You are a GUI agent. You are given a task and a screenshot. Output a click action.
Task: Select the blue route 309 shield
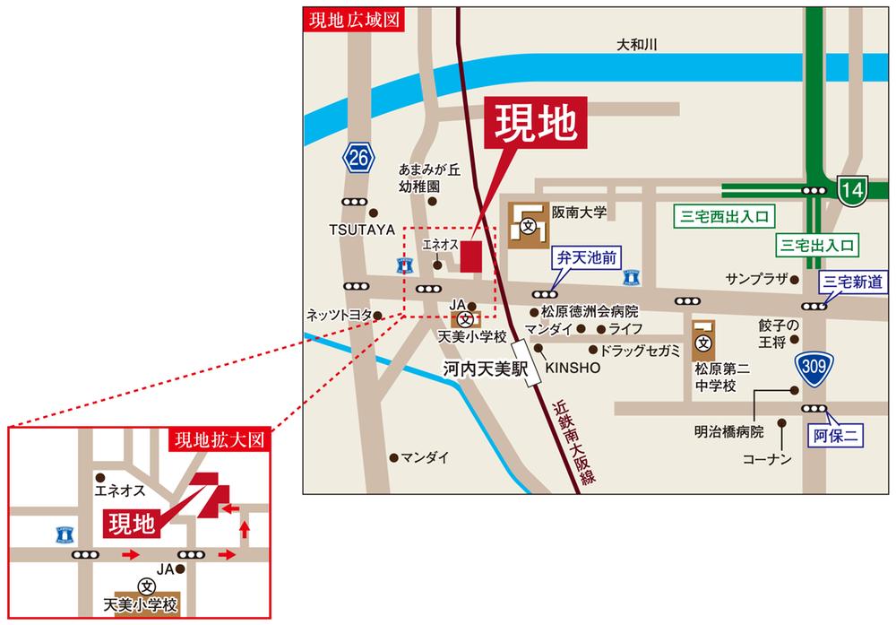815,369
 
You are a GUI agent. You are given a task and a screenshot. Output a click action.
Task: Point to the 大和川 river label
637,45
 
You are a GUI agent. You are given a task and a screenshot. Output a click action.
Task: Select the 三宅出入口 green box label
818,244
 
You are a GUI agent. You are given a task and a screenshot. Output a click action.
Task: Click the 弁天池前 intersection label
585,258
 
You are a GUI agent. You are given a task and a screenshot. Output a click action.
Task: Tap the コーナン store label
768,459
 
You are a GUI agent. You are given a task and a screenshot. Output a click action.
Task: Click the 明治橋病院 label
728,431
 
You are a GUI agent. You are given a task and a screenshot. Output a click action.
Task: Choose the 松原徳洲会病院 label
589,312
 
